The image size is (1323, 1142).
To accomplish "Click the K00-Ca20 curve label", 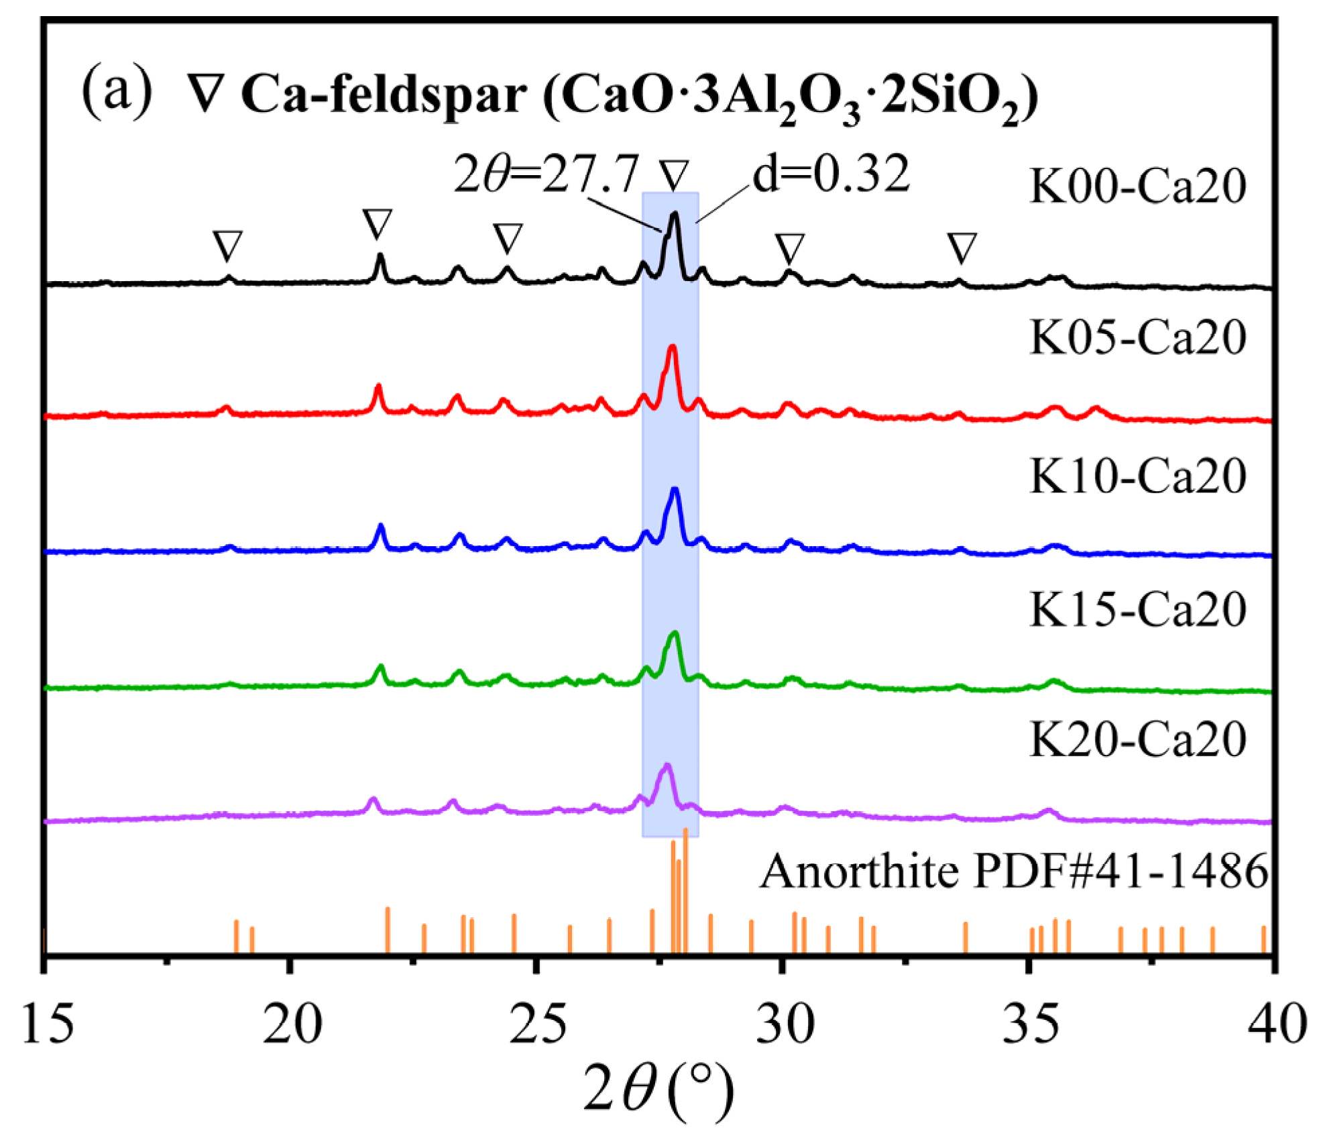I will tap(1137, 186).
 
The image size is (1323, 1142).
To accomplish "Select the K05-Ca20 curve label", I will tap(1137, 338).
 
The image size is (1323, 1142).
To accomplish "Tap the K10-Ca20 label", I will tap(1137, 476).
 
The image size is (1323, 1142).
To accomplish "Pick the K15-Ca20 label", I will tap(1137, 609).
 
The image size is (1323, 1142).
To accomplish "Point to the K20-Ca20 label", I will tap(1137, 739).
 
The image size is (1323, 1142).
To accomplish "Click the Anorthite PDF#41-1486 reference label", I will tap(1013, 872).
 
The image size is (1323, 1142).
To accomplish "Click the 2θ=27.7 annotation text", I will tap(546, 174).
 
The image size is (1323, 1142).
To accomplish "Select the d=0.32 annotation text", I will tap(831, 173).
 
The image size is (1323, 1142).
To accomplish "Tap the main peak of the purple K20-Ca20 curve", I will tap(667, 766).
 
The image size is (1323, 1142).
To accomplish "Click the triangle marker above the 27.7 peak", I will tap(674, 175).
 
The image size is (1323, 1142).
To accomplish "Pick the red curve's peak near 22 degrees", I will tap(378, 387).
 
